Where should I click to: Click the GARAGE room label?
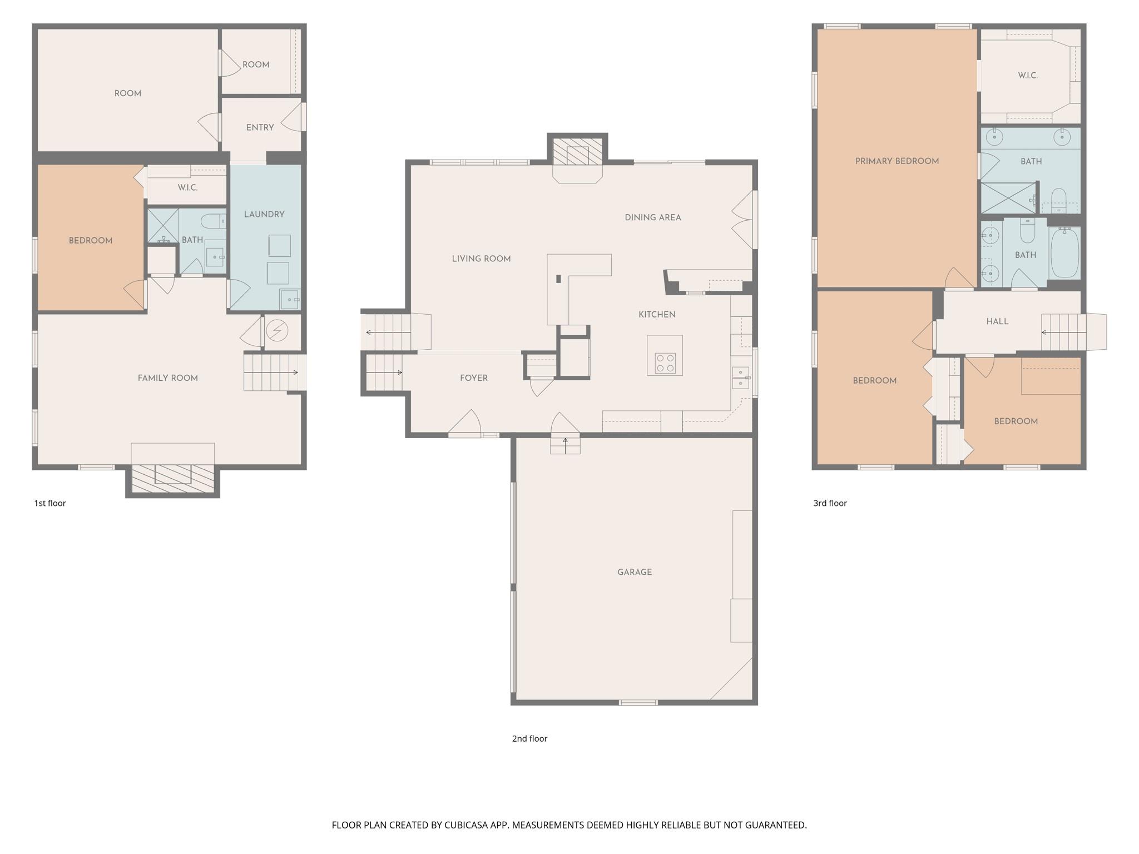[x=634, y=572]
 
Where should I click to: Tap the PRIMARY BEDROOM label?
[x=897, y=161]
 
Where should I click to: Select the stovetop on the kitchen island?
[x=665, y=363]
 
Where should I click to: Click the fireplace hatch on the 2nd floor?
[x=577, y=151]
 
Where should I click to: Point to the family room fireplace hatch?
[x=172, y=478]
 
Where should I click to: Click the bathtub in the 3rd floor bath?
[x=1064, y=253]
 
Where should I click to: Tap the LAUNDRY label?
[x=264, y=215]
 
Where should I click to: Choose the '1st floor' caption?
[x=50, y=503]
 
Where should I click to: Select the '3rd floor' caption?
[x=830, y=503]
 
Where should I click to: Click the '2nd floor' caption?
[x=529, y=738]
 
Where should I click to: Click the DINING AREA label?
[x=652, y=218]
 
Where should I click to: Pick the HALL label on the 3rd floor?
[x=997, y=321]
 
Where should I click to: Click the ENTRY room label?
[x=260, y=128]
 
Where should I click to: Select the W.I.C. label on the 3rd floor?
[x=1028, y=76]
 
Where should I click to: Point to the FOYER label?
[x=473, y=378]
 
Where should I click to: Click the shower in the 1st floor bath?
[x=163, y=225]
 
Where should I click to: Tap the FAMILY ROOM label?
[x=167, y=378]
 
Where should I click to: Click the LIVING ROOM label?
[x=481, y=259]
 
